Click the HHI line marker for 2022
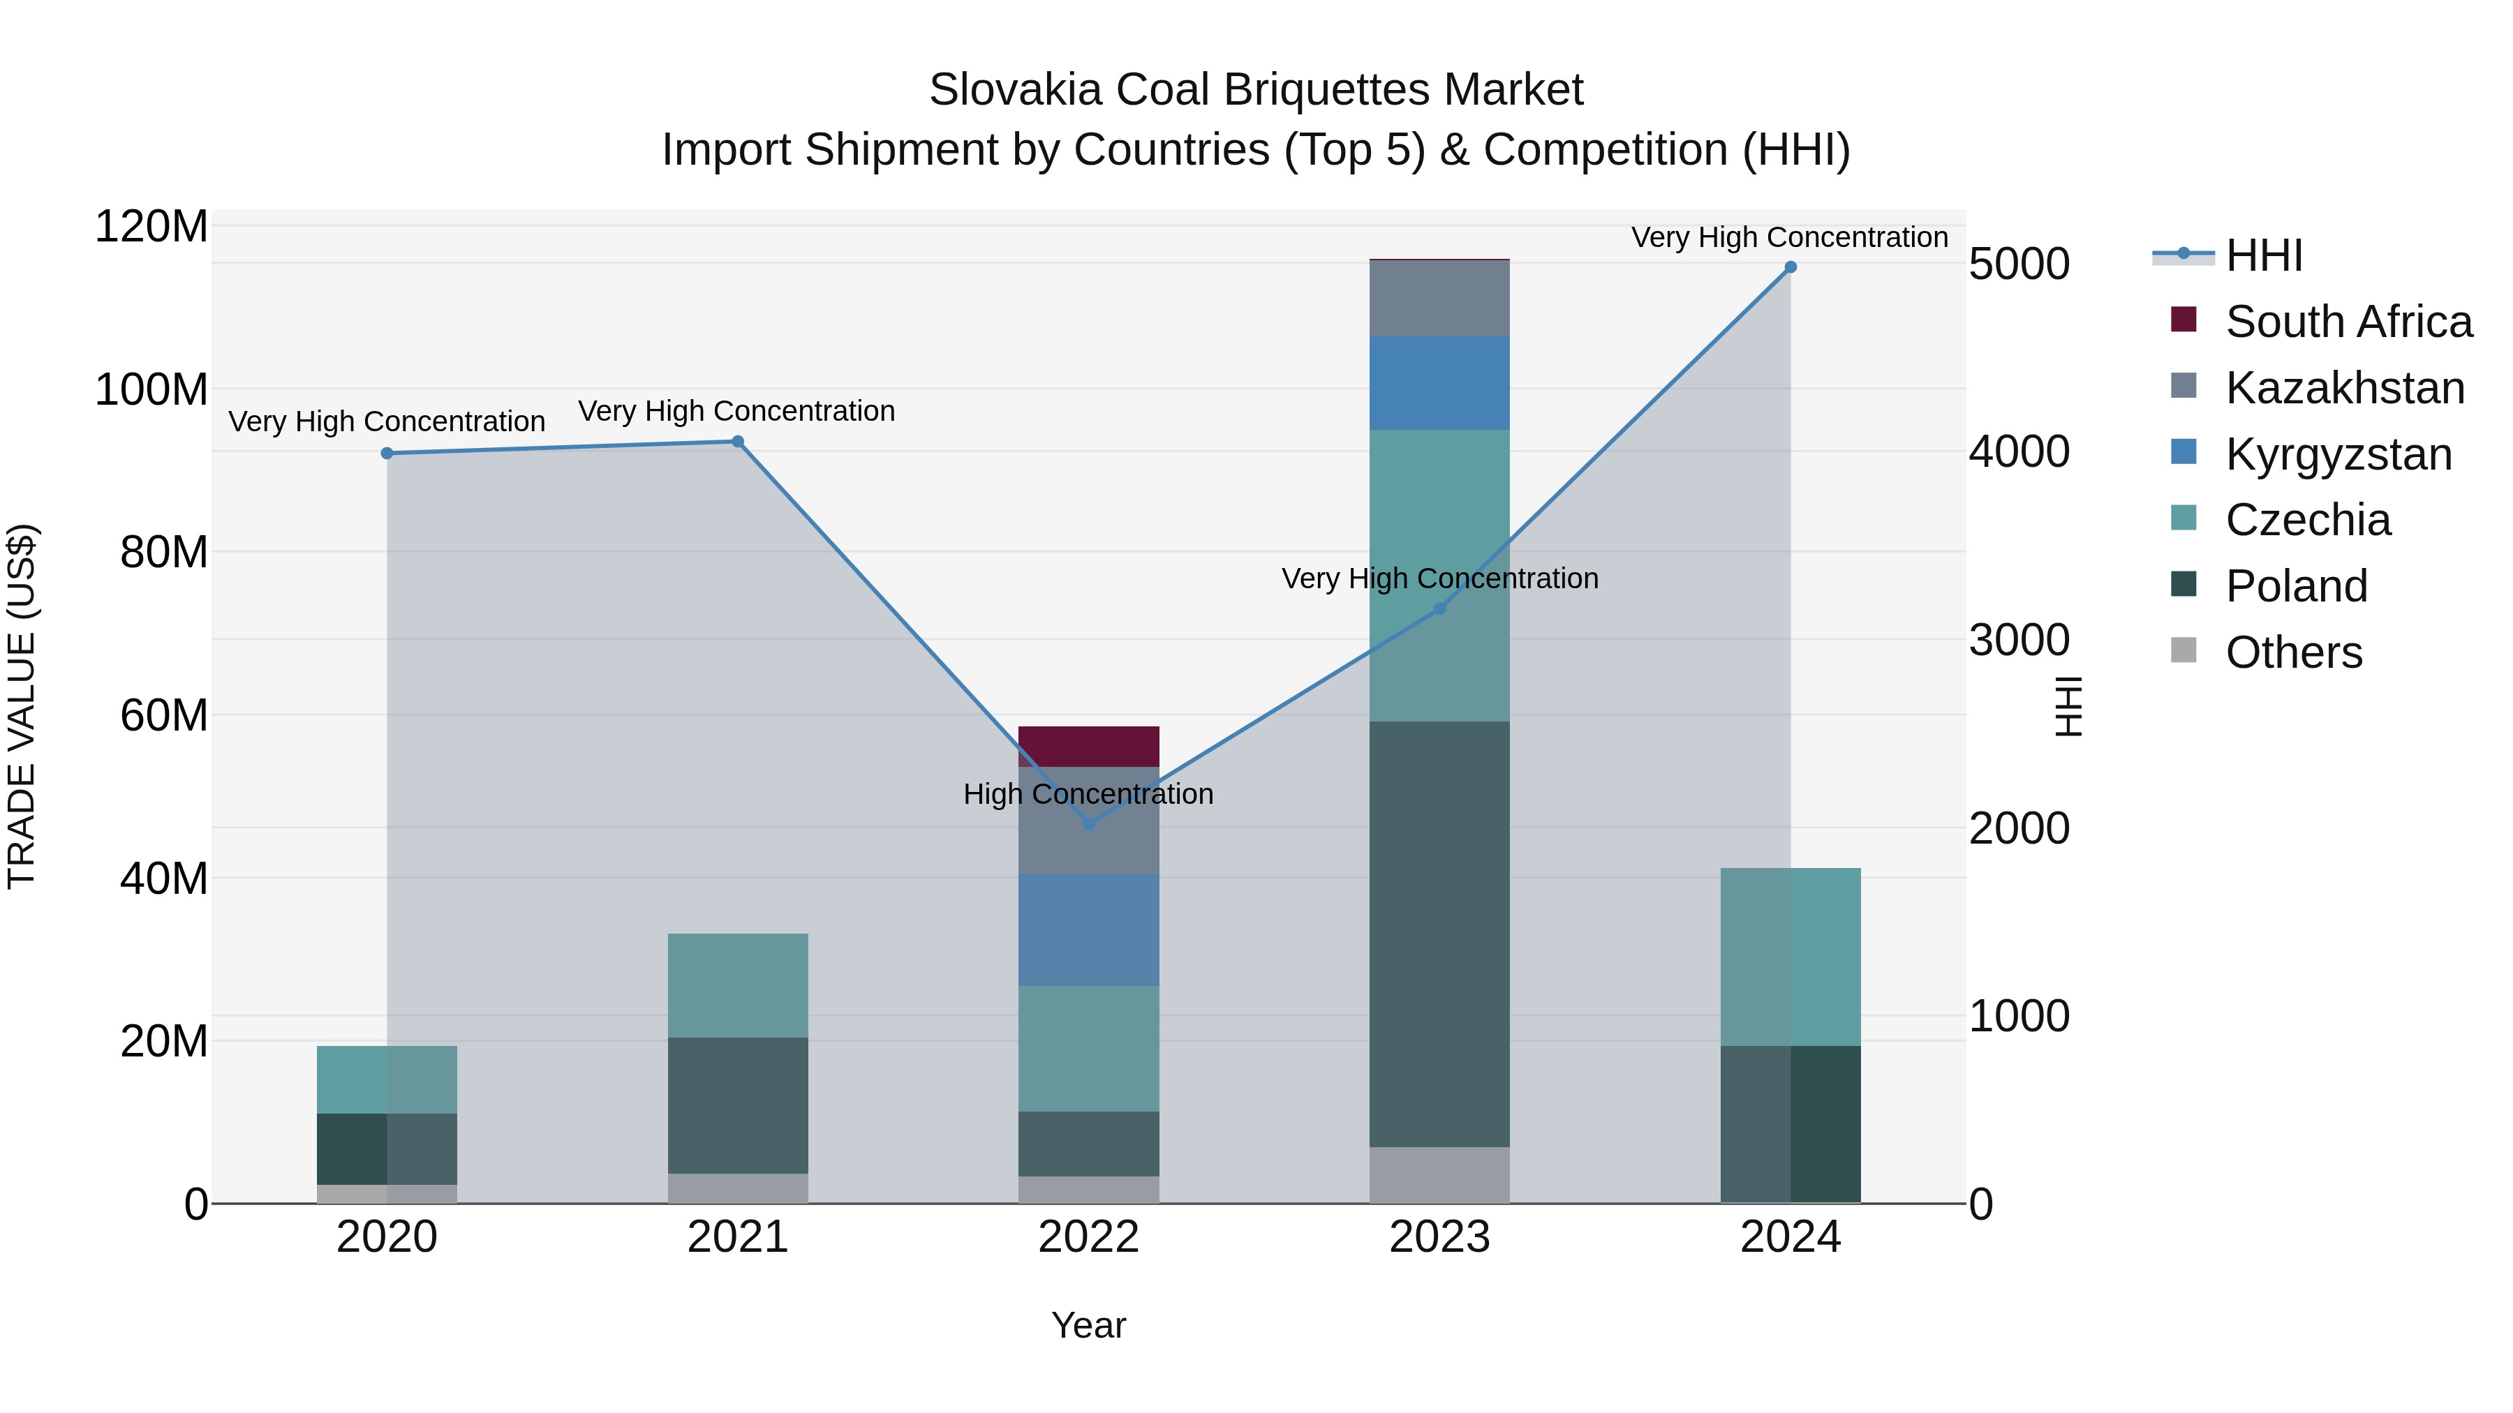[x=1089, y=824]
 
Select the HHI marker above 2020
[x=387, y=454]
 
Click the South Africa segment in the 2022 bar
[x=1089, y=747]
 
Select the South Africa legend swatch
[x=2184, y=320]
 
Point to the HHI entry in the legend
[x=2263, y=255]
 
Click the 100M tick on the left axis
[x=151, y=389]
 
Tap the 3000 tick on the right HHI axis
[x=2018, y=640]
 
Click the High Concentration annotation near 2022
[x=1089, y=794]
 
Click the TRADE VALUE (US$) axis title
[x=22, y=706]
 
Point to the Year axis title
[x=1089, y=1325]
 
